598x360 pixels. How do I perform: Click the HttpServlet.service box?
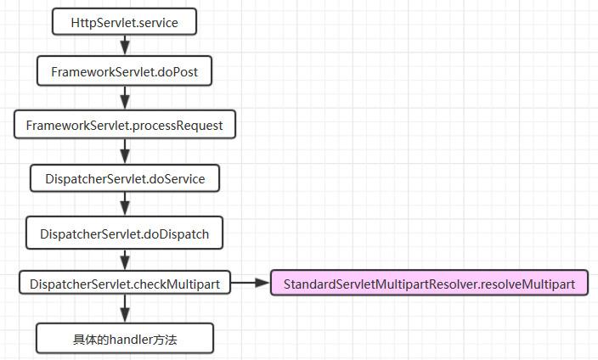[x=124, y=22]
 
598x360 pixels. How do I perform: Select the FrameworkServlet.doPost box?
[x=124, y=71]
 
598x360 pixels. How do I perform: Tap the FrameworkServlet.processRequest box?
[x=125, y=124]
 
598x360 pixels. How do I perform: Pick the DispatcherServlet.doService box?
[x=125, y=178]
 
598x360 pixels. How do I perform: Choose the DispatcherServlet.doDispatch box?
[x=124, y=233]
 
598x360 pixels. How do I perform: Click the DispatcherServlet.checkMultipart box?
[x=125, y=283]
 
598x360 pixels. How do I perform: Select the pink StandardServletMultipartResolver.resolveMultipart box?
[x=430, y=283]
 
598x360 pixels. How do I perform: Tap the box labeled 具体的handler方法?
[x=125, y=338]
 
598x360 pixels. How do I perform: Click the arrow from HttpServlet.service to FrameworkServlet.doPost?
[x=125, y=45]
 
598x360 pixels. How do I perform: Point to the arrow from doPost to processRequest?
[x=125, y=98]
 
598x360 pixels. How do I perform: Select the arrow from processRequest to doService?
[x=125, y=151]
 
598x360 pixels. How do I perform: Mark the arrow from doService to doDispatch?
[x=125, y=204]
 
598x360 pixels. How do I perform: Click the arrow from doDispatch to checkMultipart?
[x=125, y=260]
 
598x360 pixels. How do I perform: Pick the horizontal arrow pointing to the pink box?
[x=251, y=283]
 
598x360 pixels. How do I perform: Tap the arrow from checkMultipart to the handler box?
[x=125, y=308]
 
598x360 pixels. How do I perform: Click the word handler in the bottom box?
[x=126, y=339]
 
